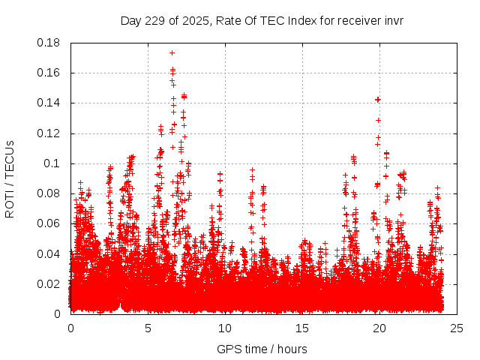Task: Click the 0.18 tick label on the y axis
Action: tap(50, 43)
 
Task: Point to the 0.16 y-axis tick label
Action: tap(50, 73)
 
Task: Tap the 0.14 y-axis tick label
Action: tap(50, 103)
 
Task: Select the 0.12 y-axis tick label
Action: tap(50, 133)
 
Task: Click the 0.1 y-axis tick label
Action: tap(53, 163)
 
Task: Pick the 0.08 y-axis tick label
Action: tap(50, 193)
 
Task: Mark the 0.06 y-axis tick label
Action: tap(50, 223)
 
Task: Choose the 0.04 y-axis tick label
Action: tap(50, 253)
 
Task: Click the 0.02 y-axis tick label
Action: tap(50, 283)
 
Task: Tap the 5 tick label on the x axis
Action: tap(148, 328)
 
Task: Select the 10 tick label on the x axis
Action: tap(225, 328)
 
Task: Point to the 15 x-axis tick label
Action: tap(302, 328)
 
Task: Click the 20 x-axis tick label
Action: tap(379, 328)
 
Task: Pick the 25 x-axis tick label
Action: tap(457, 328)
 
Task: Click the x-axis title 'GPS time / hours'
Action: tap(262, 349)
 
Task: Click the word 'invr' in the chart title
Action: tap(393, 21)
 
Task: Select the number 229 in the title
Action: tap(155, 21)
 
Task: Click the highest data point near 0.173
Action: tap(172, 53)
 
